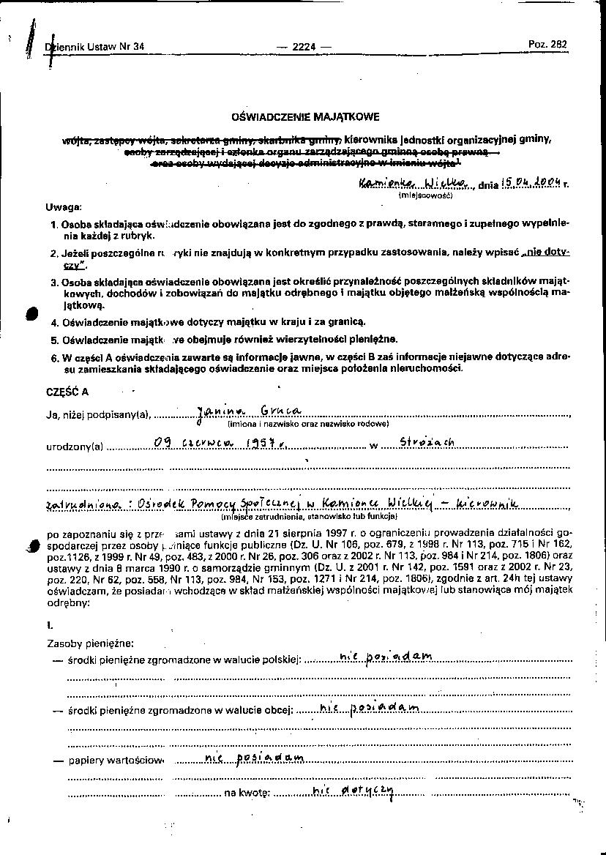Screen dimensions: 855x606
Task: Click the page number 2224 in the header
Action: click(303, 46)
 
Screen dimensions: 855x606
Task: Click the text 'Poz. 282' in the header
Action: click(547, 44)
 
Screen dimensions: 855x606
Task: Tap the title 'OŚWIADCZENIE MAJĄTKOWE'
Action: click(305, 116)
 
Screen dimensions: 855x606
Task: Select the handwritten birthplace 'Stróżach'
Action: click(427, 442)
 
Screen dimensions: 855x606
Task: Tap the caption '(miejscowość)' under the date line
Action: click(425, 195)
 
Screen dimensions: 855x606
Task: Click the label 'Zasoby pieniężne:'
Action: click(90, 643)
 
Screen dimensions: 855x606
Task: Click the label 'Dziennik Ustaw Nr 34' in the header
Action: click(96, 46)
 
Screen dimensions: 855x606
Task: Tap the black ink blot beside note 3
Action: click(31, 313)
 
